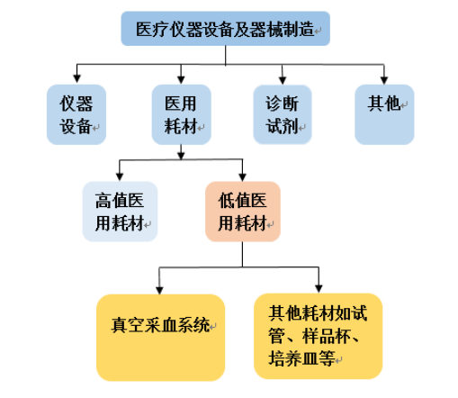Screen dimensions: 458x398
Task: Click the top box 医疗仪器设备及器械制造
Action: (226, 29)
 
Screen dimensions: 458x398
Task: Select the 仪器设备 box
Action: (76, 114)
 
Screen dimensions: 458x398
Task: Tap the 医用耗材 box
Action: (181, 114)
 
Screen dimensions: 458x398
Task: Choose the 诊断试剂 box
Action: (283, 114)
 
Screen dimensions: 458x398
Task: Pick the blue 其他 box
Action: (384, 114)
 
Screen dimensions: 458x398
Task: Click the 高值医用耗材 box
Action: (120, 212)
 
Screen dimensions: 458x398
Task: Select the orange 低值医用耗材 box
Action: (243, 212)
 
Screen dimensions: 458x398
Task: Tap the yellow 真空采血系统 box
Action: (160, 338)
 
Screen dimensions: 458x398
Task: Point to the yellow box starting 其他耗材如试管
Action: (318, 336)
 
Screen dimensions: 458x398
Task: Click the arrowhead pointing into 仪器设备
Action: (76, 78)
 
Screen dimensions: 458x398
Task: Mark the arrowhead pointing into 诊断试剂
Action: (283, 80)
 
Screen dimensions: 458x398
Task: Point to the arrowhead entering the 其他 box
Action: (384, 80)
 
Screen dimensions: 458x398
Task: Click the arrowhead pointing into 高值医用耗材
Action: (120, 176)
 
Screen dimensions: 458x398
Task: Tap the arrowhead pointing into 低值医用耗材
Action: (242, 176)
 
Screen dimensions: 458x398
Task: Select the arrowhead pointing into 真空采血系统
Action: (159, 290)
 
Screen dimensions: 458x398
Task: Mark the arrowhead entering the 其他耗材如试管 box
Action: (319, 288)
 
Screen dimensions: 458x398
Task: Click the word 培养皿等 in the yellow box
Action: (301, 358)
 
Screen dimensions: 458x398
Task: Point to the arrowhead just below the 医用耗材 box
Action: (181, 156)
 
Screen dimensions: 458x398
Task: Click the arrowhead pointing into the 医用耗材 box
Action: (181, 79)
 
